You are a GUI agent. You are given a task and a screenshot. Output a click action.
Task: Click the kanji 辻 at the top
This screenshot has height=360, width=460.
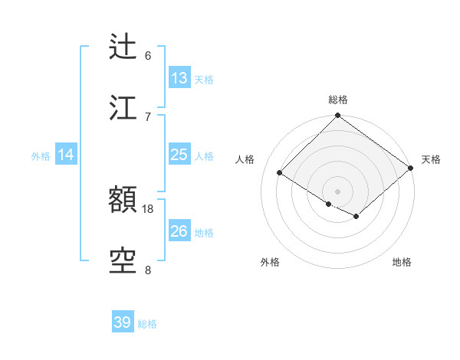(x=123, y=47)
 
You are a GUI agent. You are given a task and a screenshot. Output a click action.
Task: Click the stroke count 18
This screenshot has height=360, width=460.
(x=148, y=208)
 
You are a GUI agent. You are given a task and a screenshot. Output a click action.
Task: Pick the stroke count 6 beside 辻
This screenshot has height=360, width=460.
(x=148, y=55)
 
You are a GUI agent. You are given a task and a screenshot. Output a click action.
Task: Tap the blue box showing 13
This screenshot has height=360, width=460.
(x=179, y=78)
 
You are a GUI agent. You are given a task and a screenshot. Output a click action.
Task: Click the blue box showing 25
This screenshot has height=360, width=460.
(x=179, y=155)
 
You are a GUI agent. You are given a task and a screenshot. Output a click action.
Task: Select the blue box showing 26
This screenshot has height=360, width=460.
(x=179, y=231)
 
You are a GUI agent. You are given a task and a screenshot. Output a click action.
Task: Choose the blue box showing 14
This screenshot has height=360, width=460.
(x=66, y=155)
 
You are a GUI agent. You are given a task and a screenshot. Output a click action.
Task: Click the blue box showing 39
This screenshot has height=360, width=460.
(x=123, y=322)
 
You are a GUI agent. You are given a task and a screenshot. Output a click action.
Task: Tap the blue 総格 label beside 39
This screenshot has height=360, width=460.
(x=147, y=324)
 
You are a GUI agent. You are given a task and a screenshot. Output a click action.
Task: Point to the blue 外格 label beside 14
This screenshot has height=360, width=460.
(x=41, y=156)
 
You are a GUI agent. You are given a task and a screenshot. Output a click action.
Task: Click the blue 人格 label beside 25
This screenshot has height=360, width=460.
(x=204, y=156)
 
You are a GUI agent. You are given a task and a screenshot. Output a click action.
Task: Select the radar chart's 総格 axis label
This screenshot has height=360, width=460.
(x=338, y=100)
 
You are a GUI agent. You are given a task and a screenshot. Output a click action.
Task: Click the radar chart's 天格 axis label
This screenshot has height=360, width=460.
(x=432, y=159)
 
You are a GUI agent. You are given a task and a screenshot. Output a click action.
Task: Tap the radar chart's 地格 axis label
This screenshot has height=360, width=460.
(x=402, y=262)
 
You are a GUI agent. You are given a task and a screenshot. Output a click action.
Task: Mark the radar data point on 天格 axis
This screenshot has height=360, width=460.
(x=412, y=167)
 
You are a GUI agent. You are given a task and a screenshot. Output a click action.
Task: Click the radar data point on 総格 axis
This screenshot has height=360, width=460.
(x=337, y=116)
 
